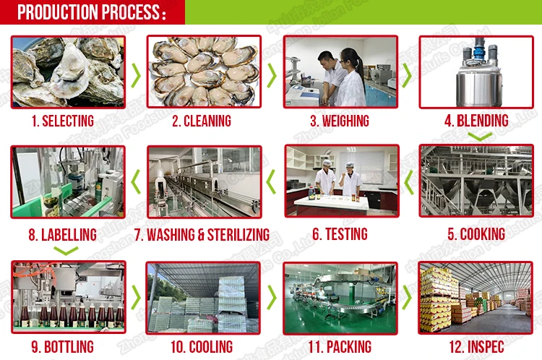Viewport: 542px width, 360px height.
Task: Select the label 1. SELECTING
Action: (62, 121)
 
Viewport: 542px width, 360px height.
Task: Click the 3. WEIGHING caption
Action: (340, 121)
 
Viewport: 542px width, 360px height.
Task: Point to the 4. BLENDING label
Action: (476, 120)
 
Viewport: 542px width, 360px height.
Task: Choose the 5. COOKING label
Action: (476, 234)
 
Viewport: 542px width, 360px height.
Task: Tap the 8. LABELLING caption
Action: (62, 234)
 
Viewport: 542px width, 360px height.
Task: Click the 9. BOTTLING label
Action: (62, 347)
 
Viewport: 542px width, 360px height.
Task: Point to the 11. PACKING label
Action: (340, 347)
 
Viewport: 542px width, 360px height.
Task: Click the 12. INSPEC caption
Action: (476, 347)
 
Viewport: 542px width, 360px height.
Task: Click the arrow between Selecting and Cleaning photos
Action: (136, 74)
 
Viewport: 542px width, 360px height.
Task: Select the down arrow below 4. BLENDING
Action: (476, 135)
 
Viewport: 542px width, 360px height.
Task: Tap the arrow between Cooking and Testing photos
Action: (408, 182)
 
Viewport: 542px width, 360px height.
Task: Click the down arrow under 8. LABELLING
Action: (66, 251)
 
